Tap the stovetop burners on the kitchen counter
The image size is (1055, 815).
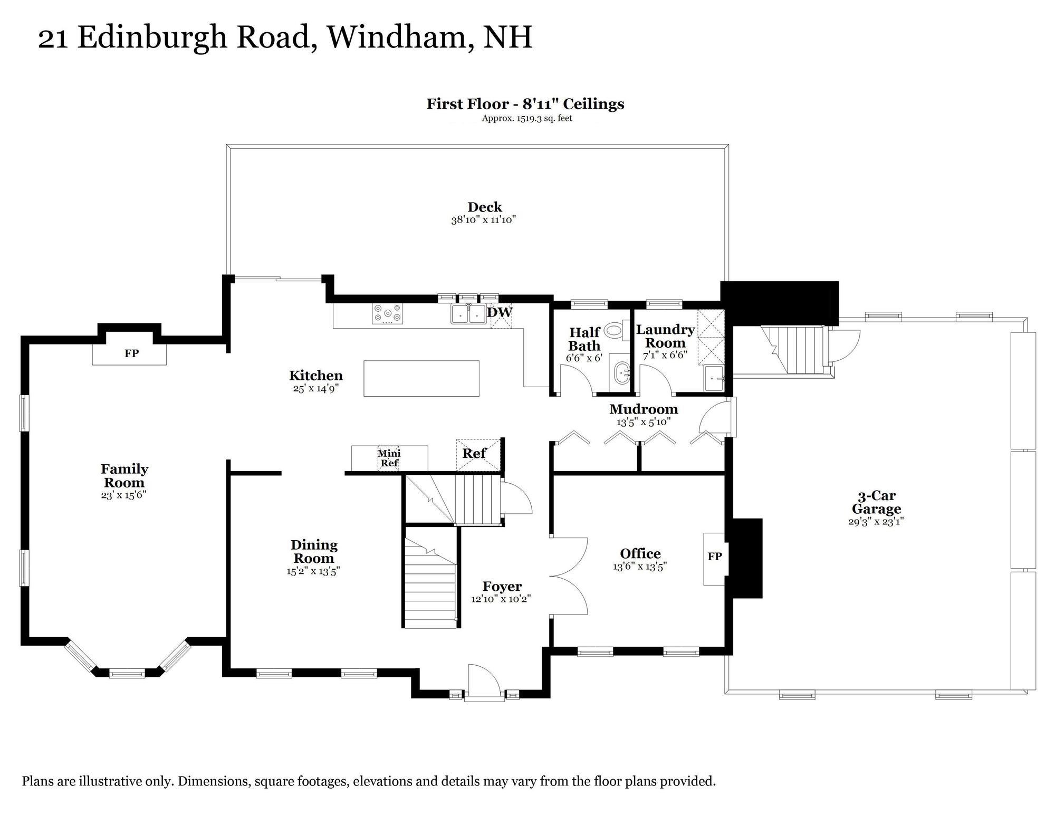pyautogui.click(x=387, y=313)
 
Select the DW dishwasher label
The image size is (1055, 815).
pyautogui.click(x=499, y=312)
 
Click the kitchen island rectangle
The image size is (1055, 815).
pyautogui.click(x=421, y=378)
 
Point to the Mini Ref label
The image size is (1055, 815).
pyautogui.click(x=389, y=458)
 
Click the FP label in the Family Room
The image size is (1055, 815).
pyautogui.click(x=131, y=353)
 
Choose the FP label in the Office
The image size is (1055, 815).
pyautogui.click(x=715, y=556)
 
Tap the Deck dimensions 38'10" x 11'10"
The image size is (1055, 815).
pyautogui.click(x=483, y=220)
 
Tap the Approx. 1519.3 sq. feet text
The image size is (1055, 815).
pyautogui.click(x=526, y=118)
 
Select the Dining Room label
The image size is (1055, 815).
pyautogui.click(x=314, y=551)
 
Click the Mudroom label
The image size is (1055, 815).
pyautogui.click(x=643, y=409)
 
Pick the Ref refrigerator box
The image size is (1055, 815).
pyautogui.click(x=478, y=454)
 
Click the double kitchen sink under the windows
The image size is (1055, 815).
pyautogui.click(x=468, y=314)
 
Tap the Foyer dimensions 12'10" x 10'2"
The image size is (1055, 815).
pyautogui.click(x=501, y=599)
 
